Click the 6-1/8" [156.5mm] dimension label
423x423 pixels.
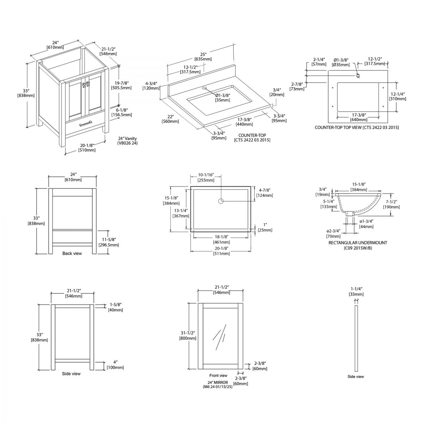point(121,112)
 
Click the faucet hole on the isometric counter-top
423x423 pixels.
point(204,86)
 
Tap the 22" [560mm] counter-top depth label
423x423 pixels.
point(170,119)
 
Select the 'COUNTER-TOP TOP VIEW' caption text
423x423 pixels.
point(357,127)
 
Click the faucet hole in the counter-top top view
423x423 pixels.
point(358,75)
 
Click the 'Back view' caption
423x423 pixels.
point(72,253)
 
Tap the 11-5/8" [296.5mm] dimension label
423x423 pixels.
point(109,242)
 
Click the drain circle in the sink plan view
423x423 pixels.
point(221,201)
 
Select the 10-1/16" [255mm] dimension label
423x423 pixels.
point(206,178)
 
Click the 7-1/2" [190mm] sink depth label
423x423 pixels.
point(391,204)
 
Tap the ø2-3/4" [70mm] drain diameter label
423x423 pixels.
point(333,233)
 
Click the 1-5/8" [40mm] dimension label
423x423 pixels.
point(115,307)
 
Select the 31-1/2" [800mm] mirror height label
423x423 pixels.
point(188,336)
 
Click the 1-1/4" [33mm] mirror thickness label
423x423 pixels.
point(356,291)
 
